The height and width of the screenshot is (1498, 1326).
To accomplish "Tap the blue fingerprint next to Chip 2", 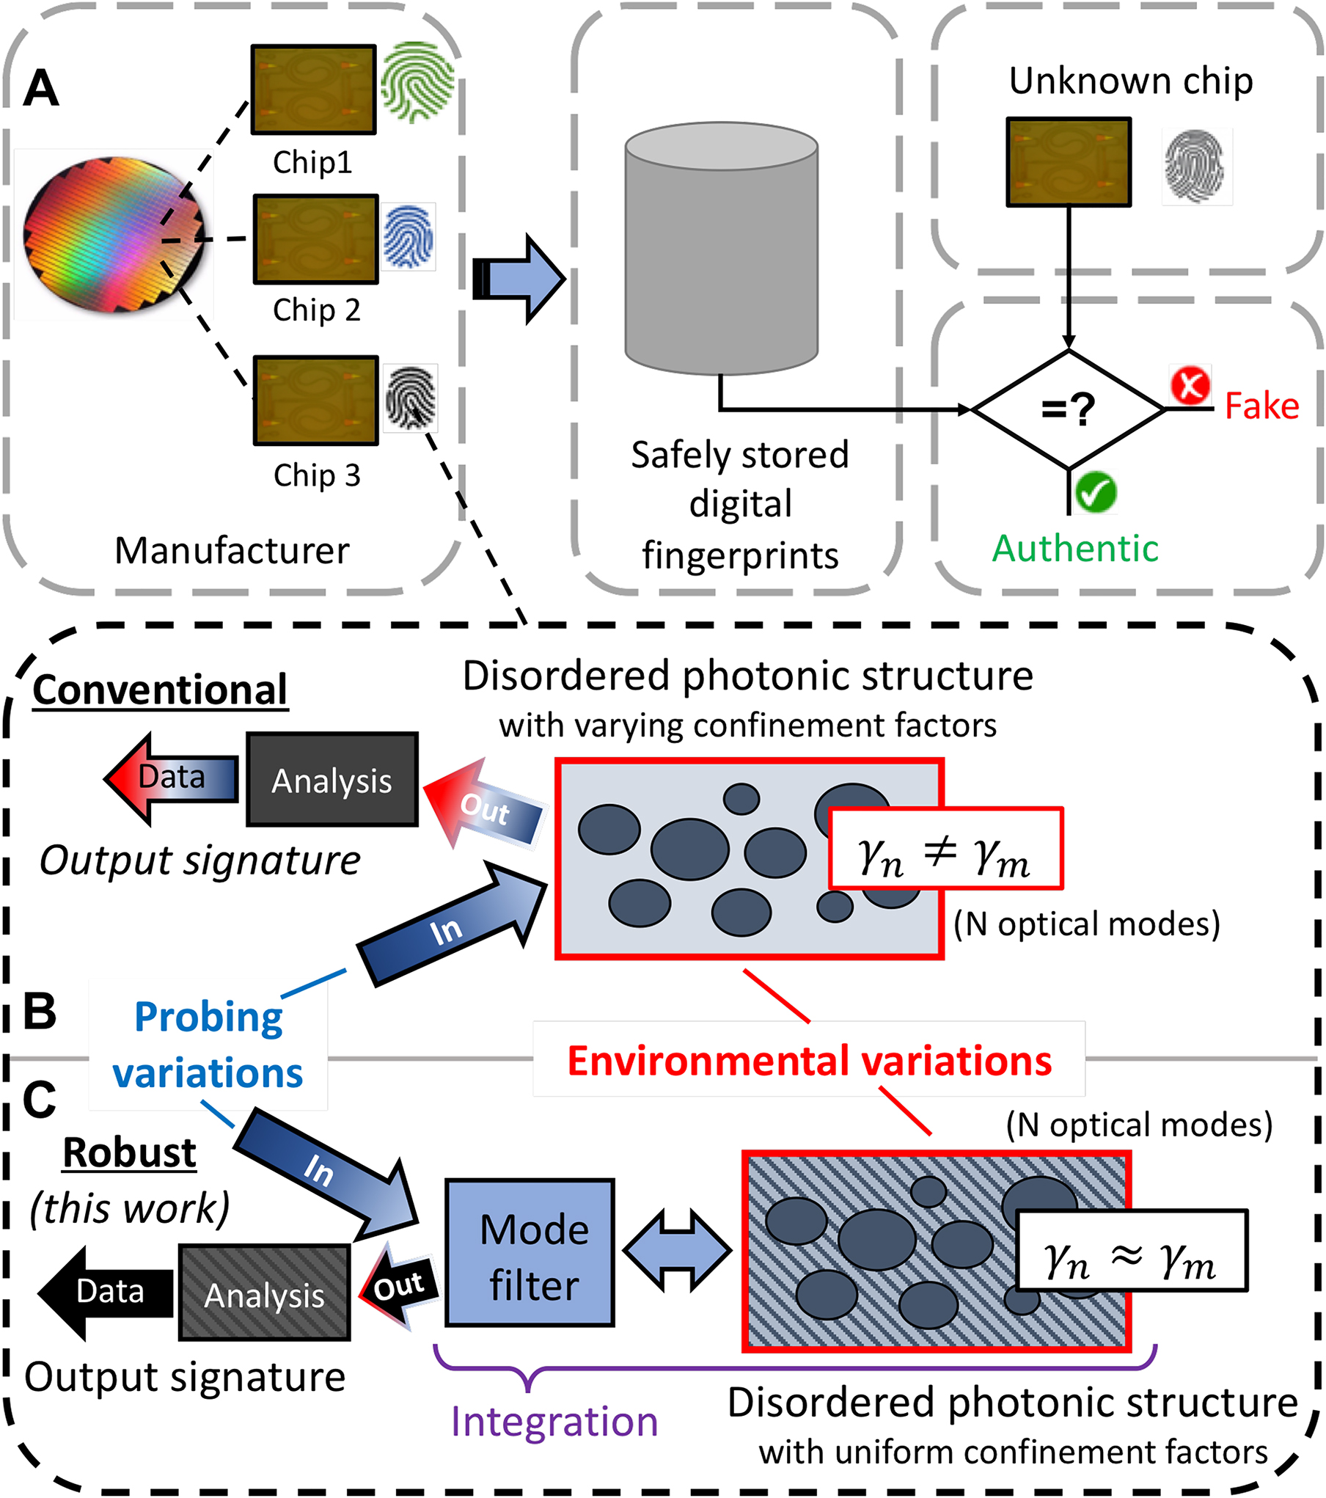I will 409,236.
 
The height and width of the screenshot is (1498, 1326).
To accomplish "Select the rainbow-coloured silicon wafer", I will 114,235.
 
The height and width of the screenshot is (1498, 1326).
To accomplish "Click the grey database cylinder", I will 721,249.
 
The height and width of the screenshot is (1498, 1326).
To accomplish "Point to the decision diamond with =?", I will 1069,409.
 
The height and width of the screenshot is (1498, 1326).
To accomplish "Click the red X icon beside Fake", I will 1190,385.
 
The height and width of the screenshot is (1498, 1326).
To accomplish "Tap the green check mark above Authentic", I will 1096,492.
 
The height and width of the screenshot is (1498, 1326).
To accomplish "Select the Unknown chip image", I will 1069,162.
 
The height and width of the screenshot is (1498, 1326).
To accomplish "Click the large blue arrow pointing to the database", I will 519,279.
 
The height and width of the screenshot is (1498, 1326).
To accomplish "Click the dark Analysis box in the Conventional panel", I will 332,780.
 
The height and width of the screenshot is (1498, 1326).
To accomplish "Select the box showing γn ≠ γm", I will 945,849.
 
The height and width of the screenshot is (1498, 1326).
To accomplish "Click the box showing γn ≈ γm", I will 1131,1251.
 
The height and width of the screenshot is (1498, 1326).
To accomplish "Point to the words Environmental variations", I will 809,1061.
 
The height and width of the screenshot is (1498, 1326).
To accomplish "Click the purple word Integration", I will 554,1422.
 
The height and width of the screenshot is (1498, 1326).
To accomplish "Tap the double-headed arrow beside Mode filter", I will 676,1252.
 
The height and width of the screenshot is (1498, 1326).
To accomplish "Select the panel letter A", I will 41,89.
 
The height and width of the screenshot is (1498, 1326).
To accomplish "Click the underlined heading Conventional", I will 160,690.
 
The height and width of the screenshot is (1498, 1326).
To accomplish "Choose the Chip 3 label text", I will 317,475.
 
